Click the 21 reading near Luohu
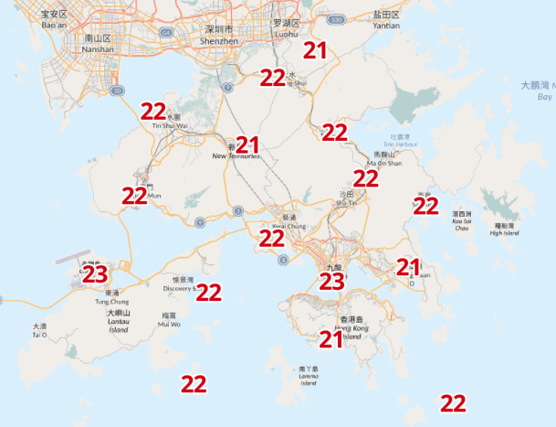coord(315,50)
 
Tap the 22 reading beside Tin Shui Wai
coord(153,112)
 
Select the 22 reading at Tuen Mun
coord(134,195)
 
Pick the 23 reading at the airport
coord(95,273)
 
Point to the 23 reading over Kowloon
coord(331,281)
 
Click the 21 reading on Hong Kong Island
coord(330,339)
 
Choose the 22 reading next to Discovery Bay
coord(209,293)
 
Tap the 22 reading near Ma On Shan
coord(366,178)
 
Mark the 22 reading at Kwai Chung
coord(272,239)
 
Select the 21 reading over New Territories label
coord(247,144)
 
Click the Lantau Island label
coord(118,321)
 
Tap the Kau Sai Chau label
coord(461,220)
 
